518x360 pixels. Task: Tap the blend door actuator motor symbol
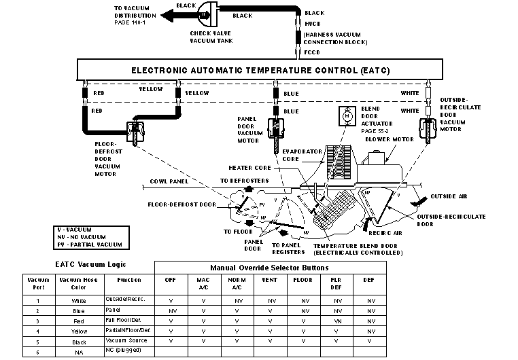click(347, 115)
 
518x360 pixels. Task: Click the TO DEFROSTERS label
click(245, 181)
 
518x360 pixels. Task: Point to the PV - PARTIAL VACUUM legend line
click(89, 244)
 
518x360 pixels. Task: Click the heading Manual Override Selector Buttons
click(269, 268)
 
